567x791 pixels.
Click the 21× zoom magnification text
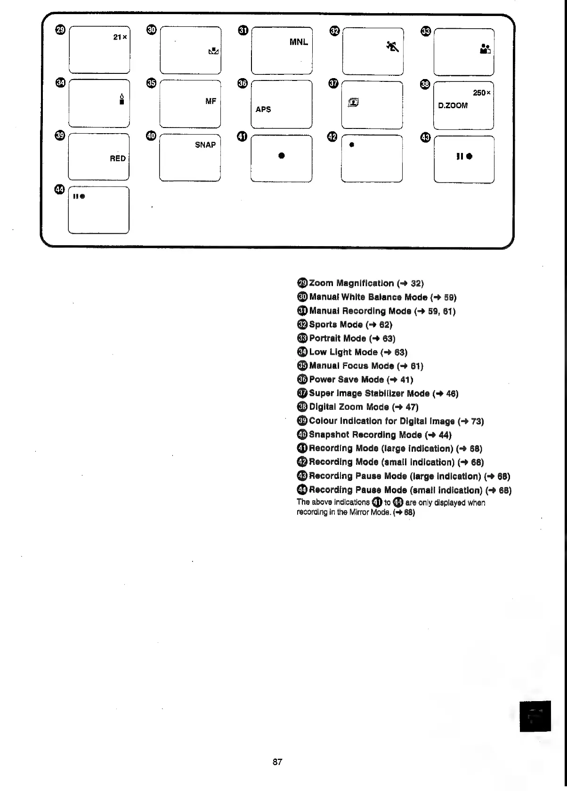[120, 37]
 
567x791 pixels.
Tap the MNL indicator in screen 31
[299, 42]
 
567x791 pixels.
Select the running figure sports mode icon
[392, 46]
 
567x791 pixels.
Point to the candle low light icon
[121, 98]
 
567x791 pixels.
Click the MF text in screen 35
[211, 101]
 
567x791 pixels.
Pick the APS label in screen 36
[263, 109]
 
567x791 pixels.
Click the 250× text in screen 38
[482, 93]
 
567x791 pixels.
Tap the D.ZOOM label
[453, 105]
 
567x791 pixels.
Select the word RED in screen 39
[118, 159]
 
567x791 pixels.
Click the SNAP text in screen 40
[205, 145]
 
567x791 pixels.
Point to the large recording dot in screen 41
[281, 156]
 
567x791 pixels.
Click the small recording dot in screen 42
[351, 145]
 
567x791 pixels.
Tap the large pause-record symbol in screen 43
[464, 156]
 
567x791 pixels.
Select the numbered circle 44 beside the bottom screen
[59, 189]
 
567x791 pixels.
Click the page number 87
[277, 762]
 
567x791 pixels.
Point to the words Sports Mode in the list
[336, 325]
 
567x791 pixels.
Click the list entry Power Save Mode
[347, 380]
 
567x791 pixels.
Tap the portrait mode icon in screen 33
[485, 48]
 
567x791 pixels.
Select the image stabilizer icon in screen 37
[354, 102]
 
